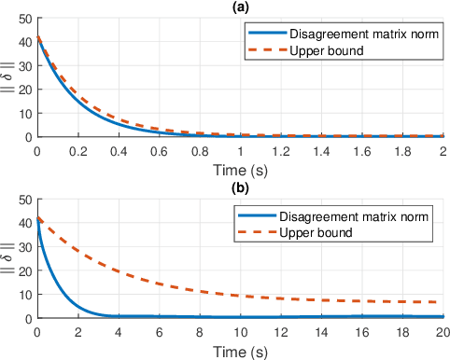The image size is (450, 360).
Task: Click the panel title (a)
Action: (240, 7)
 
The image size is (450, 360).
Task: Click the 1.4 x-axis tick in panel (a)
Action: (321, 150)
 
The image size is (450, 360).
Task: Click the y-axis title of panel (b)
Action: (8, 258)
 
